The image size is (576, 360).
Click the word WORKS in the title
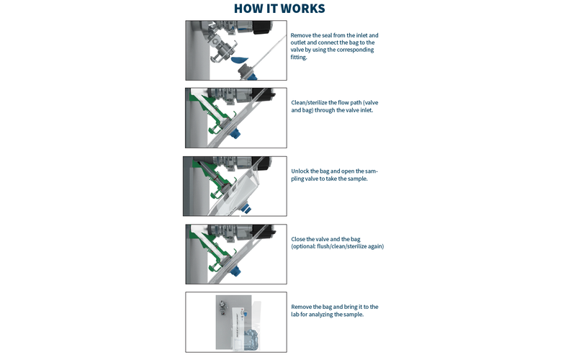(300, 9)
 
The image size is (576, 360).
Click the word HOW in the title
(249, 9)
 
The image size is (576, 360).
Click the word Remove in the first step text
(302, 35)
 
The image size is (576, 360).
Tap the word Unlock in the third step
(301, 171)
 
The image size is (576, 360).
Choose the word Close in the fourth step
(299, 239)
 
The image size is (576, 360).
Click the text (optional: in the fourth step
(307, 246)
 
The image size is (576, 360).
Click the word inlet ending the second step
(363, 110)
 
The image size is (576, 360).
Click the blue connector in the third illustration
(246, 208)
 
